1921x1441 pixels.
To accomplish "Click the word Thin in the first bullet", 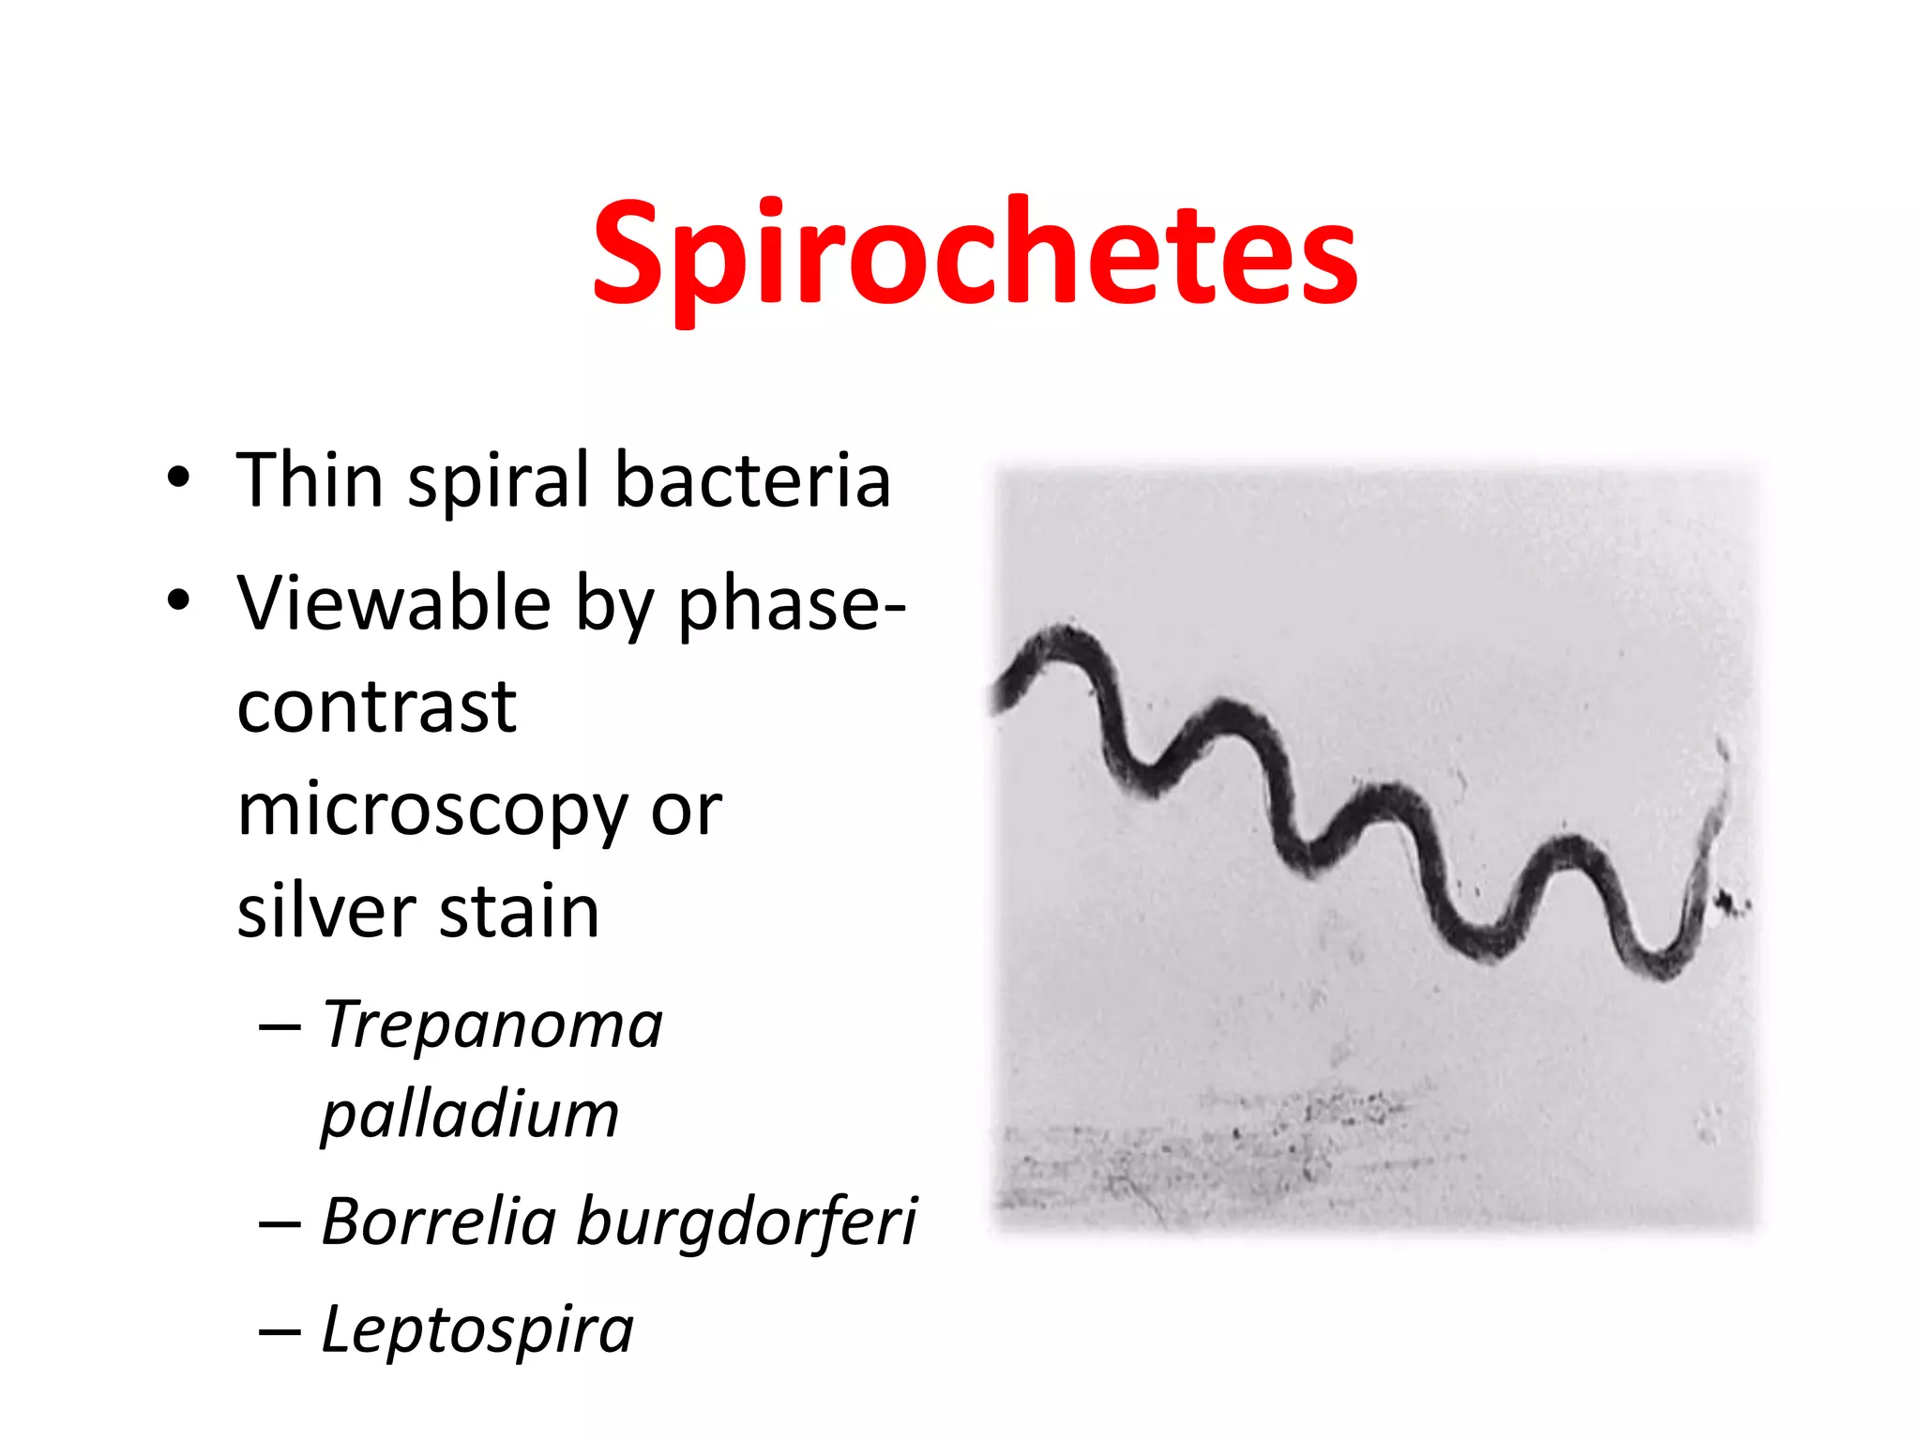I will (x=310, y=480).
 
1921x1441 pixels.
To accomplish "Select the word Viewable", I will (x=394, y=603).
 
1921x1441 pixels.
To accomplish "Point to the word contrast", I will (x=376, y=706).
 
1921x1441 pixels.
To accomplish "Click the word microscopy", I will (x=432, y=812).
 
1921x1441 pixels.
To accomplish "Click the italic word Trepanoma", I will (x=492, y=1024).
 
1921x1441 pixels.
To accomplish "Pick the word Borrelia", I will (x=439, y=1221).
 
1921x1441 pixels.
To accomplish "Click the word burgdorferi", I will (x=747, y=1223).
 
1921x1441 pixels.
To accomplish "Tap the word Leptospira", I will (x=477, y=1330).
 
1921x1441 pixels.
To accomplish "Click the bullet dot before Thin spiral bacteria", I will (x=178, y=480).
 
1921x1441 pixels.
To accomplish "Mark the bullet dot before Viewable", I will (x=178, y=601).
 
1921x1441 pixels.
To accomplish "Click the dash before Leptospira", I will (x=280, y=1331).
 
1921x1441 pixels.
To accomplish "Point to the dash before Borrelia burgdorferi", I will (x=280, y=1223).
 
